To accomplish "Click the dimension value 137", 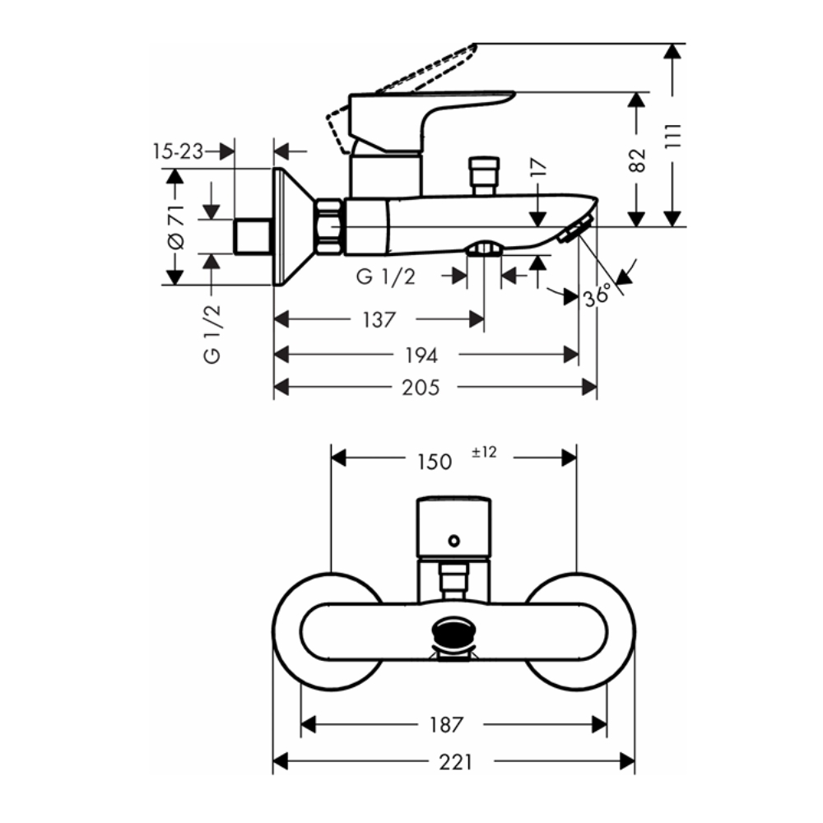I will [379, 320].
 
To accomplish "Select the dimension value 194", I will [421, 355].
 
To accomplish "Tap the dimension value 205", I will [421, 387].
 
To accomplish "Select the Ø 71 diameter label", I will [174, 227].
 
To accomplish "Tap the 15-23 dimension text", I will [178, 151].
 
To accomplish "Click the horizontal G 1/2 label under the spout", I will [385, 277].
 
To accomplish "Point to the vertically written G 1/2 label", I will [212, 332].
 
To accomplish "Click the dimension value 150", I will [434, 462].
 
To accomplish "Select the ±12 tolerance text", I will [484, 451].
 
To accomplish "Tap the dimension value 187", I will [447, 725].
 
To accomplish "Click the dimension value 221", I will [455, 763].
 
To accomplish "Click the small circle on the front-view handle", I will [452, 542].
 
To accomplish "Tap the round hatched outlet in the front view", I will [453, 635].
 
